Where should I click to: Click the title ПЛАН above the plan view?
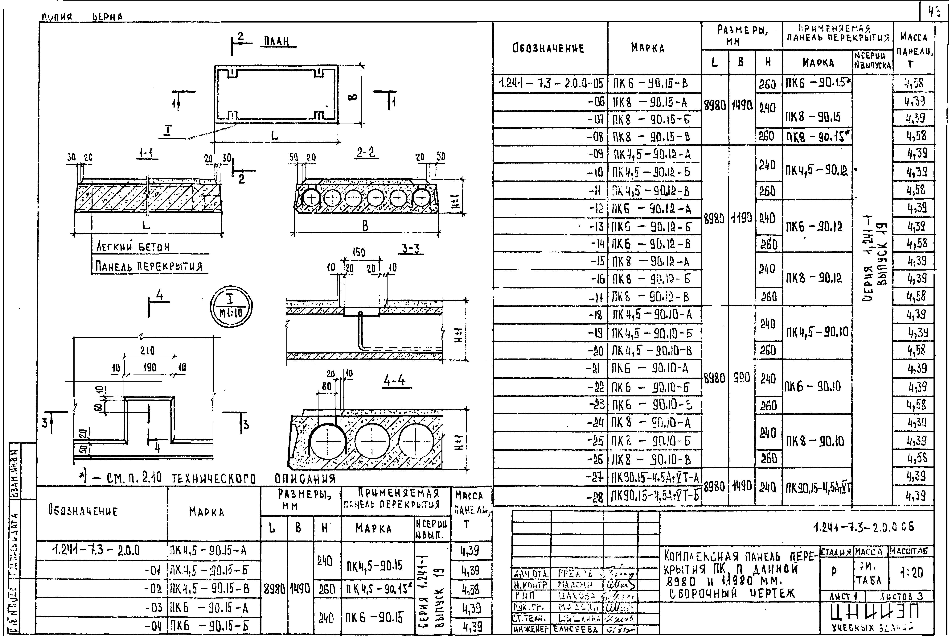pos(277,41)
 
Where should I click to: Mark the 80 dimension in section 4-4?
pos(326,386)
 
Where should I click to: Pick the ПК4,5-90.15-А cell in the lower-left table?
pos(208,550)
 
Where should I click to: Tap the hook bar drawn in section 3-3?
pos(360,330)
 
